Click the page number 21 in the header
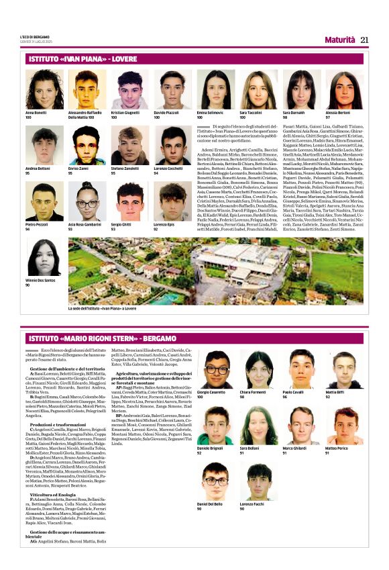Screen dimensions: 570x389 tap(365, 40)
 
